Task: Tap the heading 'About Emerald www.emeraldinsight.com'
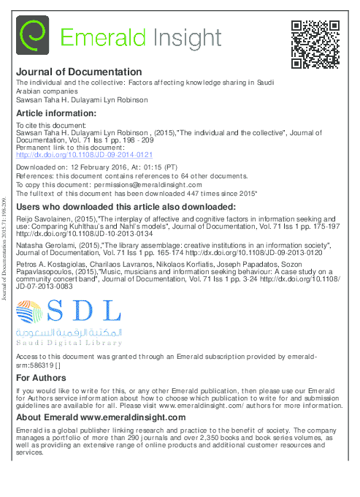[x=101, y=417]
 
